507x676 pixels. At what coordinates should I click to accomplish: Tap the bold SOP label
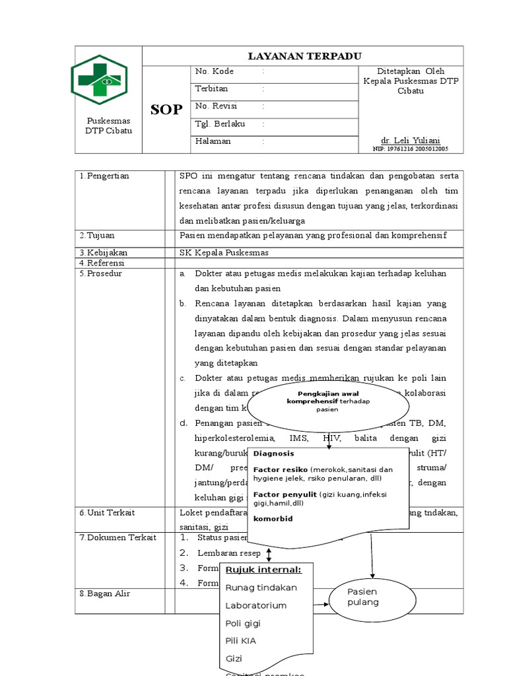(166, 110)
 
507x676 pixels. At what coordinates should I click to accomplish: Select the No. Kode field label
(215, 71)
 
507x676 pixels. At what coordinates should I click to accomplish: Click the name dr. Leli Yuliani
(411, 140)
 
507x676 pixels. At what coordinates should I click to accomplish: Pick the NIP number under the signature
(411, 149)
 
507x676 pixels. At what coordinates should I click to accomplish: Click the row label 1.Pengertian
(104, 176)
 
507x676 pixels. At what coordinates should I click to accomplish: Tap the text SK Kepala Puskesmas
(224, 253)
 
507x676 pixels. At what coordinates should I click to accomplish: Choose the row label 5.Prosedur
(101, 273)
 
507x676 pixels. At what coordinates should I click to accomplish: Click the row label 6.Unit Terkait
(107, 513)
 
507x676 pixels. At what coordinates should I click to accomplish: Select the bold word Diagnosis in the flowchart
(273, 454)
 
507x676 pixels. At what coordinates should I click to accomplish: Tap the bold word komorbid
(273, 519)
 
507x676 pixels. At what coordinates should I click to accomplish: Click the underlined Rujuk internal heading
(263, 570)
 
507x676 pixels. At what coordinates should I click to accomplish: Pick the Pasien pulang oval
(364, 597)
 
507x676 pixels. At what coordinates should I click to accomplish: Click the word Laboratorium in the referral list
(256, 605)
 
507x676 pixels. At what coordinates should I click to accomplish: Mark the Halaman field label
(213, 141)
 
